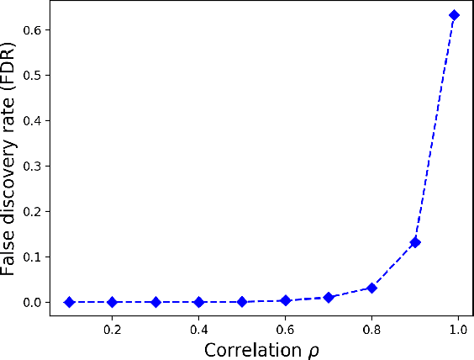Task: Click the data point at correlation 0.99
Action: (x=454, y=15)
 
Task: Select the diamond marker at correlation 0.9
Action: (x=415, y=242)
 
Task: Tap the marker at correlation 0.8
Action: (x=371, y=288)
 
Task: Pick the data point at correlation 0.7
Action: (x=329, y=297)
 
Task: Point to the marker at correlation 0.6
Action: (x=286, y=300)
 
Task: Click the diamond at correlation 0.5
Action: (x=242, y=301)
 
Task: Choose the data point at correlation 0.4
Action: (x=199, y=302)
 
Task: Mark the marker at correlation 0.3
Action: (x=155, y=302)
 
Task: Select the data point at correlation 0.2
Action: (x=113, y=302)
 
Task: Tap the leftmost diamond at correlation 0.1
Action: (x=70, y=302)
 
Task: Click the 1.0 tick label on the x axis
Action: (x=458, y=330)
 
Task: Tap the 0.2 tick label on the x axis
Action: (x=113, y=330)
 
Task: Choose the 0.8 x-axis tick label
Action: (x=371, y=330)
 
